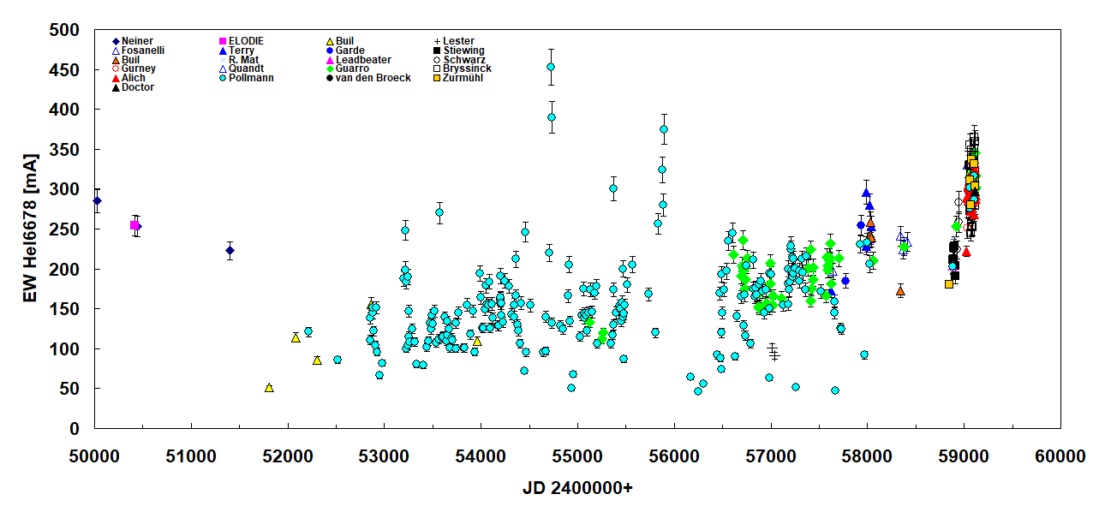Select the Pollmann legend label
(254, 78)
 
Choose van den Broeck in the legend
(373, 78)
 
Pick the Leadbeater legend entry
(363, 60)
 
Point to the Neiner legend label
(137, 41)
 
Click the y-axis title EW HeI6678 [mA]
(30, 229)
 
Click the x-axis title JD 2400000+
(576, 489)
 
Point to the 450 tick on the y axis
(64, 70)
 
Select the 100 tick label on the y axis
(64, 349)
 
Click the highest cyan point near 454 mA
(551, 67)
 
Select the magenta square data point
(134, 225)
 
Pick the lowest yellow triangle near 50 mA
(269, 388)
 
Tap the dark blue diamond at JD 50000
(97, 201)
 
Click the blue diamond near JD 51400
(230, 251)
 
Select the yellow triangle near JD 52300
(317, 360)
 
